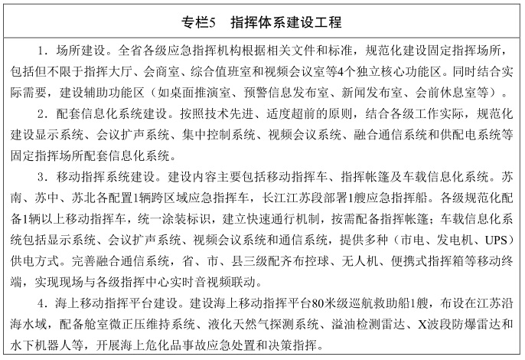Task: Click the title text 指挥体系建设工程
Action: click(x=279, y=21)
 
